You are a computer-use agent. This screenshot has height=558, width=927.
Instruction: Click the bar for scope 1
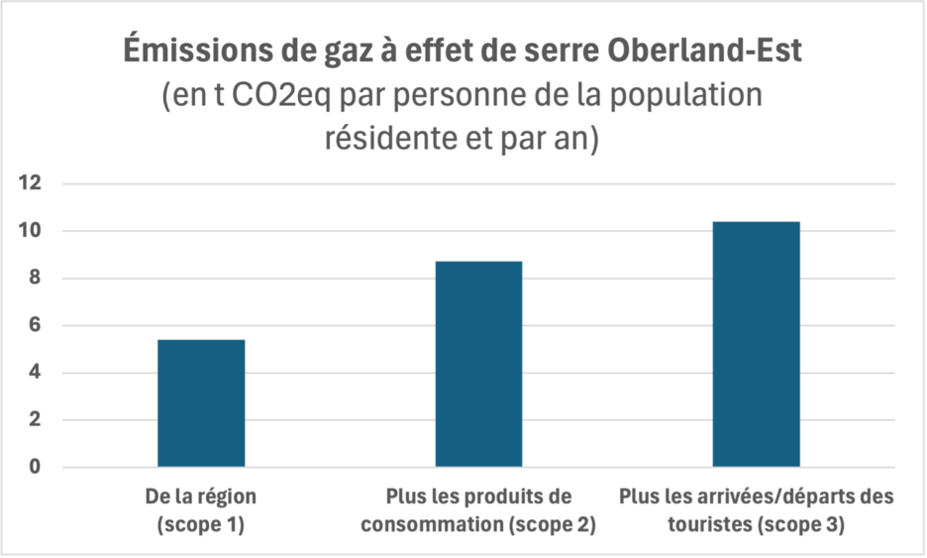coord(201,403)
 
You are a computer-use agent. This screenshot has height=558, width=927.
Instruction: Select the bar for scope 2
coord(478,364)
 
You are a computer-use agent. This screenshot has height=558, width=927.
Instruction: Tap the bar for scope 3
coord(756,344)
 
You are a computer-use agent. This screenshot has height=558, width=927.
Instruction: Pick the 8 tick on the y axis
coord(38,279)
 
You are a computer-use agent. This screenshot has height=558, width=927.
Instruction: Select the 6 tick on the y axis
coord(38,325)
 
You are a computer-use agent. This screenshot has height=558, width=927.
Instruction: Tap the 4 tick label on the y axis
coord(38,373)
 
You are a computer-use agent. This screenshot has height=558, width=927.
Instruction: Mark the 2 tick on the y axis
coord(38,420)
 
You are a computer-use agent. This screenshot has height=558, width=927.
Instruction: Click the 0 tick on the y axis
coord(38,467)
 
